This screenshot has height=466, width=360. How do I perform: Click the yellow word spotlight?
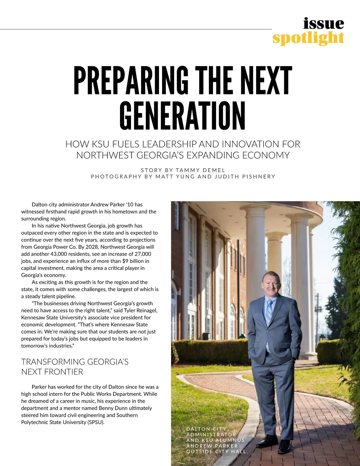(x=308, y=38)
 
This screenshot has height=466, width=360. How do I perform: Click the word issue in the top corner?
(x=323, y=23)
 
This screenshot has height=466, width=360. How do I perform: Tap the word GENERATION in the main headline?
(x=182, y=116)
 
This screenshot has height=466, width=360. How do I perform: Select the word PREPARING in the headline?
(x=131, y=80)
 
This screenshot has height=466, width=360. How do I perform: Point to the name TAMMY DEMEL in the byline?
(x=200, y=170)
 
